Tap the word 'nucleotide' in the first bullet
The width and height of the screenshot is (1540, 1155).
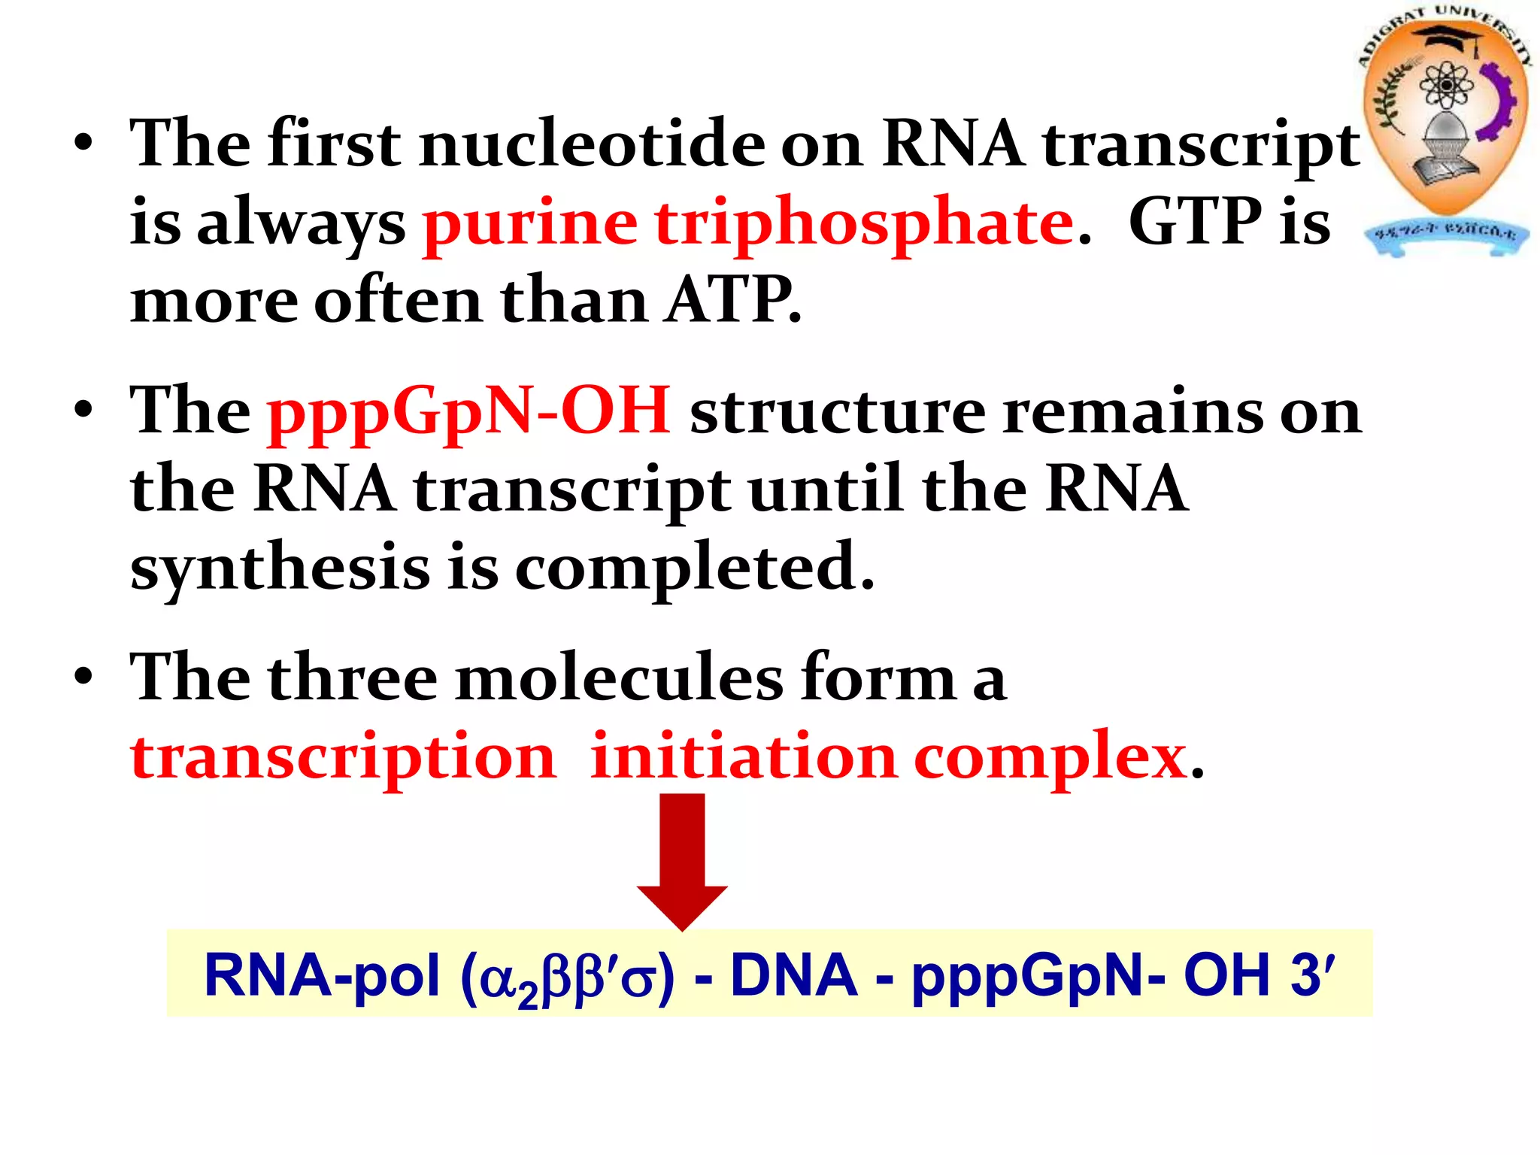click(x=593, y=144)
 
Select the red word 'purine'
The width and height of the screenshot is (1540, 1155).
click(x=530, y=223)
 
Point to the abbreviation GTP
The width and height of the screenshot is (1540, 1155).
click(x=1195, y=222)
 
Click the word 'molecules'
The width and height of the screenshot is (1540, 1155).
click(x=619, y=678)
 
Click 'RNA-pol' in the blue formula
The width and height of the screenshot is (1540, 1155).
click(x=322, y=975)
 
